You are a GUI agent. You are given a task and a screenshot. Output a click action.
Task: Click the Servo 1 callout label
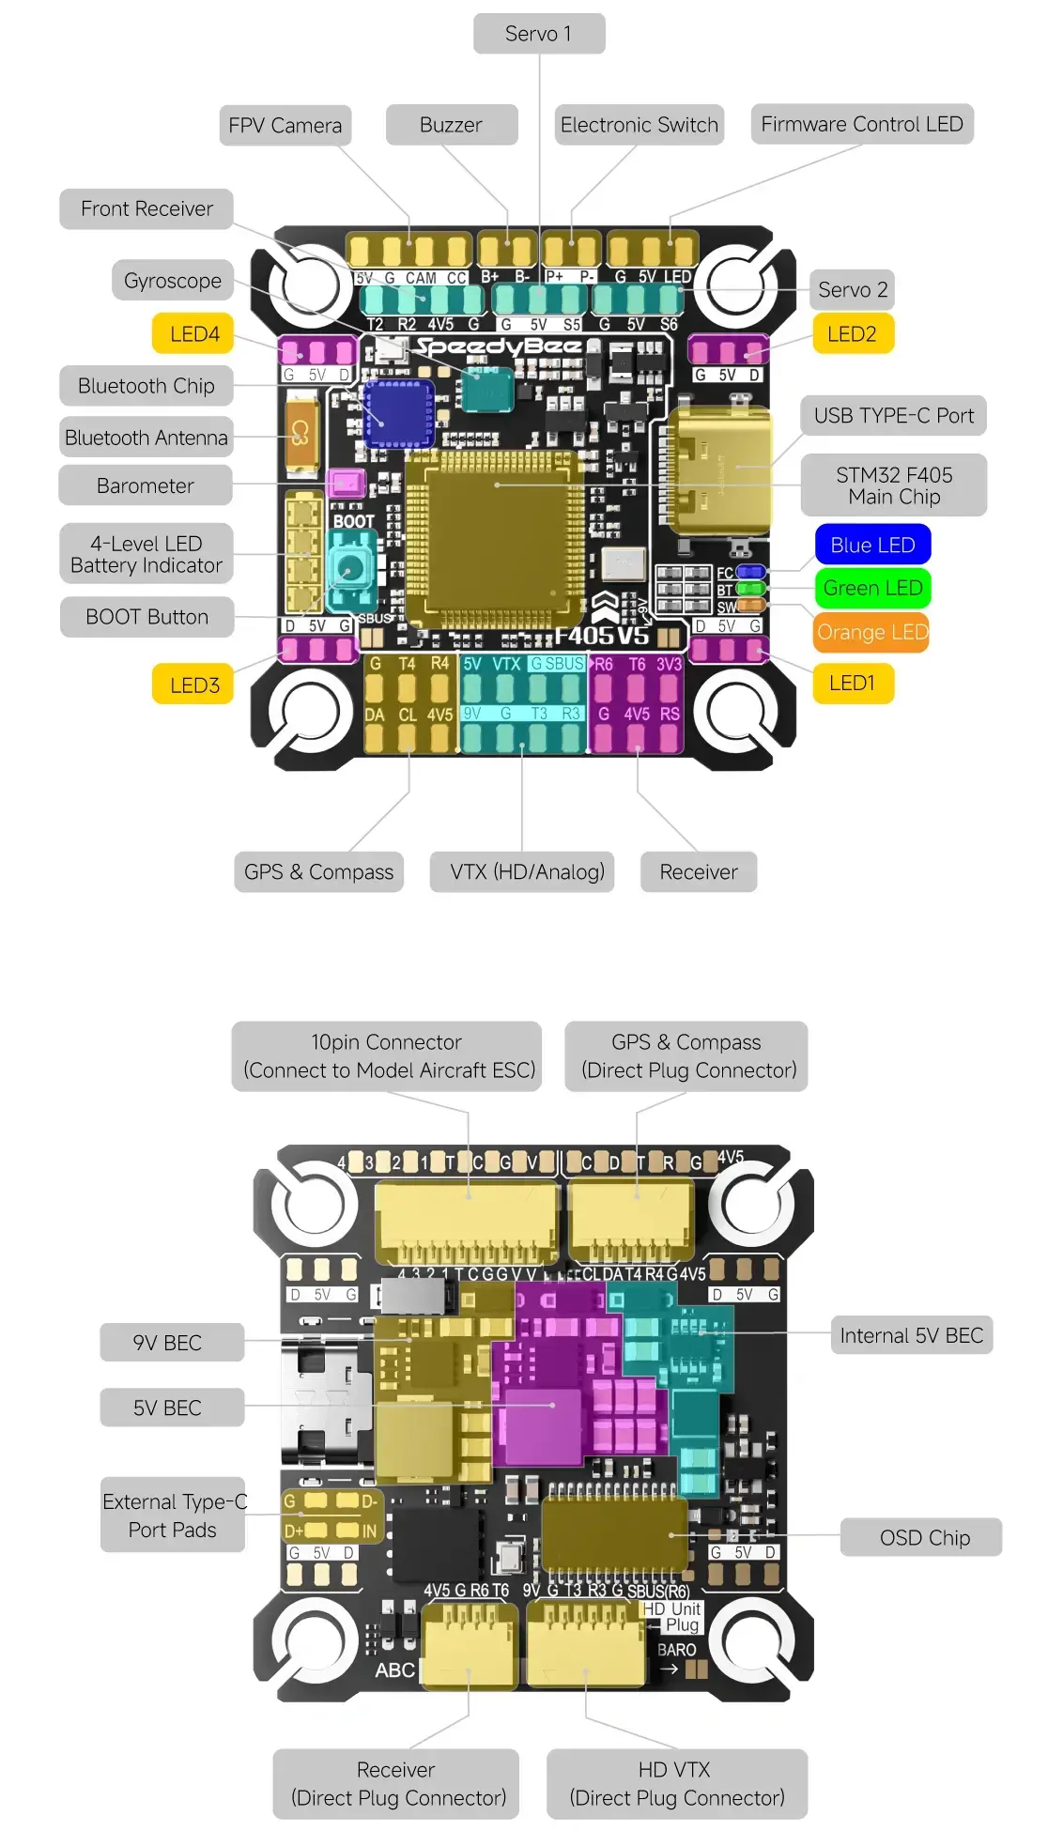(539, 34)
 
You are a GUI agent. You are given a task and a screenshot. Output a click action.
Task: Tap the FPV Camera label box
(285, 126)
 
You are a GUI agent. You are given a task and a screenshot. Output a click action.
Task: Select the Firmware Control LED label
(861, 125)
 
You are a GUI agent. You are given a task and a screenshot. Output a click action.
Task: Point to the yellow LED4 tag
(193, 334)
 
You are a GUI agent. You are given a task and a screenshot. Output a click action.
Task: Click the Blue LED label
(872, 545)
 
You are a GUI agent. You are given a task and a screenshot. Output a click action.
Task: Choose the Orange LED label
(871, 632)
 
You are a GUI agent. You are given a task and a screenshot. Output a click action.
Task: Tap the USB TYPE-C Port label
(893, 416)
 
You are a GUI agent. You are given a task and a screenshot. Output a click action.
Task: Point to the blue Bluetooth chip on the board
(399, 412)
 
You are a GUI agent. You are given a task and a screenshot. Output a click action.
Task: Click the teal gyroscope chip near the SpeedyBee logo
(486, 390)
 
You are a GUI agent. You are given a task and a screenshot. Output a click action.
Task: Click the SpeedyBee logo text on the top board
(499, 347)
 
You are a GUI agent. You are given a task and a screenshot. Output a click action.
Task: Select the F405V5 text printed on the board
(601, 636)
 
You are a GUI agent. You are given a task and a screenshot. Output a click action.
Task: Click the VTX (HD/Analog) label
(527, 872)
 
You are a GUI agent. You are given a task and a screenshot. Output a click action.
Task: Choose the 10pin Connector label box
(387, 1056)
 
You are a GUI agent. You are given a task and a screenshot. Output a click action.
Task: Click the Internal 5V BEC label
(911, 1336)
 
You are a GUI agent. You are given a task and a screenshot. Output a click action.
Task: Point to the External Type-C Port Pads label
(174, 1516)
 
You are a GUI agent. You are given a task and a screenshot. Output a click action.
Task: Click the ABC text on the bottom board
(394, 1670)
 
